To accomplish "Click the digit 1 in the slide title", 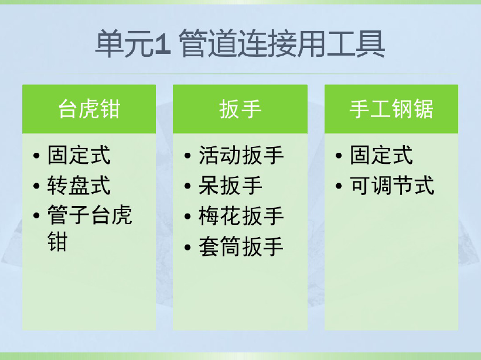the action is pyautogui.click(x=162, y=44).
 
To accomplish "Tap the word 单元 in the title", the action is pyautogui.click(x=124, y=44).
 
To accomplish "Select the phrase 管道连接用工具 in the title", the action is pyautogui.click(x=282, y=44).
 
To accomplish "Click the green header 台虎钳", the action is pyautogui.click(x=89, y=109).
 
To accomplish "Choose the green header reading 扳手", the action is pyautogui.click(x=240, y=109).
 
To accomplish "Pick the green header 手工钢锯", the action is pyautogui.click(x=391, y=109).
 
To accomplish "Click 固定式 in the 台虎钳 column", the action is pyautogui.click(x=79, y=155).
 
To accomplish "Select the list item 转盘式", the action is pyautogui.click(x=79, y=186).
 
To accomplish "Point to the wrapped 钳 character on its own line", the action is pyautogui.click(x=57, y=241).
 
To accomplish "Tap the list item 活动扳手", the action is pyautogui.click(x=241, y=155).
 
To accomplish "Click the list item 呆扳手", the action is pyautogui.click(x=230, y=186).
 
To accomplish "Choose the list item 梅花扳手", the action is pyautogui.click(x=241, y=216).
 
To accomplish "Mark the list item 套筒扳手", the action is pyautogui.click(x=241, y=246).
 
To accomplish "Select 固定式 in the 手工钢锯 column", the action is pyautogui.click(x=381, y=155).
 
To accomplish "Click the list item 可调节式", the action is pyautogui.click(x=393, y=186).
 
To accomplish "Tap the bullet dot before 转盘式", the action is pyautogui.click(x=36, y=186).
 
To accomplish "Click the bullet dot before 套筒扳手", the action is pyautogui.click(x=187, y=247).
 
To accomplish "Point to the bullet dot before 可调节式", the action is pyautogui.click(x=339, y=186).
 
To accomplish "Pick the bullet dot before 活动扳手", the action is pyautogui.click(x=187, y=156).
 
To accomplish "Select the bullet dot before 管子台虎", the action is pyautogui.click(x=36, y=215).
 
